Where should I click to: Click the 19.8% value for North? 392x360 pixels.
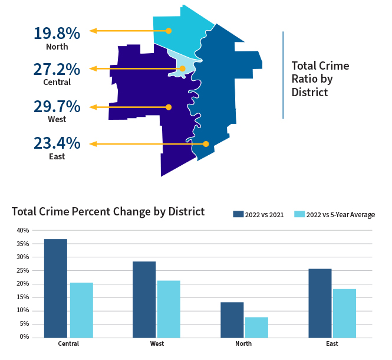click(x=57, y=32)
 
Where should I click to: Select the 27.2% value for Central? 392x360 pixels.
click(x=57, y=69)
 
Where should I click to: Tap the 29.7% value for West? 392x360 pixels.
click(x=57, y=107)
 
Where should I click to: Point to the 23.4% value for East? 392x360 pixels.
click(x=57, y=143)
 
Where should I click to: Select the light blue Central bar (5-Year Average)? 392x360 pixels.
click(x=81, y=310)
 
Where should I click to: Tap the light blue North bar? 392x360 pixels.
click(x=256, y=327)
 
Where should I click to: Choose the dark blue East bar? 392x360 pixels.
click(x=320, y=303)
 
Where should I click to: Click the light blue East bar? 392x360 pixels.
click(x=345, y=313)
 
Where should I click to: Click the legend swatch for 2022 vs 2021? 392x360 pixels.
click(x=238, y=214)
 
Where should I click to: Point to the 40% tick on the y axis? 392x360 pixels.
click(x=22, y=230)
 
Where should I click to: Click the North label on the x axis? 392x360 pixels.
click(x=243, y=343)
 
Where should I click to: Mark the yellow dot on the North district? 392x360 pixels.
click(x=169, y=31)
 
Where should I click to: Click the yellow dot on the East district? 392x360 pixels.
click(x=206, y=144)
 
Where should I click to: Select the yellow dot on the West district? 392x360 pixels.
click(x=169, y=107)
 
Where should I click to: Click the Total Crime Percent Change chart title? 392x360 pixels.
click(x=108, y=211)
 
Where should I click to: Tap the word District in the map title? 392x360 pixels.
click(x=309, y=93)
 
